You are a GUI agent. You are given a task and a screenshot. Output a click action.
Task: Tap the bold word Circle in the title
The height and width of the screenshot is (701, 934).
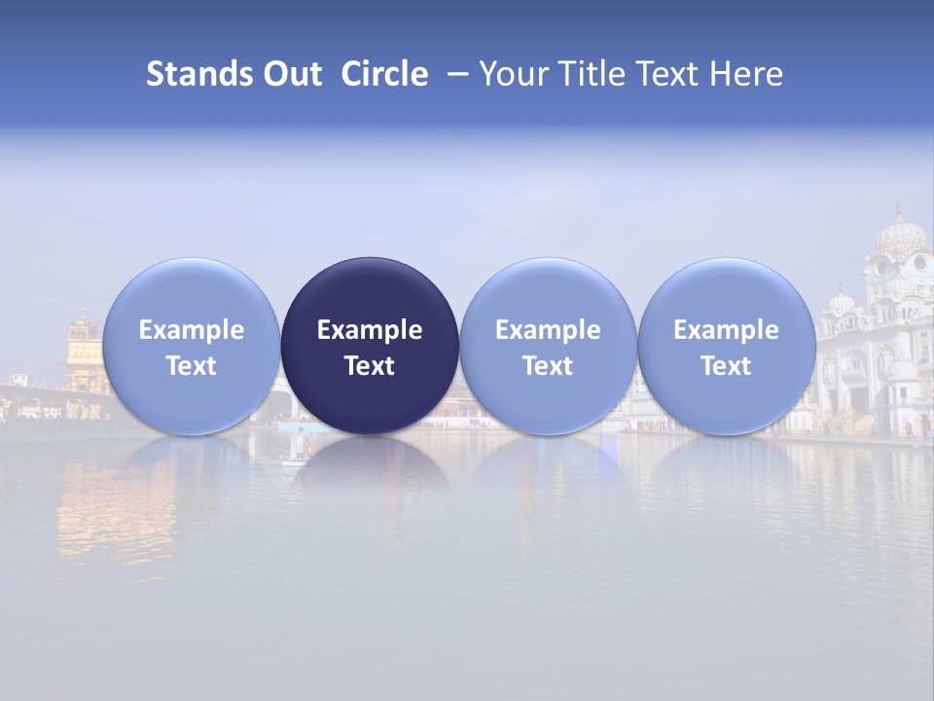(x=384, y=74)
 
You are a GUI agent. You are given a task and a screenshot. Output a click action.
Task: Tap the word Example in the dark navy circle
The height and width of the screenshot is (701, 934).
(x=370, y=330)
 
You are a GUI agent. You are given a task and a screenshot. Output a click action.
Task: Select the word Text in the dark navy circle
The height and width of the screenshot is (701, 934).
(x=370, y=366)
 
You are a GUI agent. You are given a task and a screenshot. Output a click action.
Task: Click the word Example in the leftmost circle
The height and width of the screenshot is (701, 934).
(x=192, y=330)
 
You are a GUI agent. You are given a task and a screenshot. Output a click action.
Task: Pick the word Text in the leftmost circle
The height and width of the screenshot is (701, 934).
(x=192, y=366)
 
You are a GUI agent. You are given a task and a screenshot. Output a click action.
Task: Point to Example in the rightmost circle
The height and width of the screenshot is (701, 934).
(x=727, y=330)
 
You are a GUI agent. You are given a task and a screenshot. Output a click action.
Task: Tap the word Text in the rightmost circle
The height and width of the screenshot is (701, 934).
(x=727, y=366)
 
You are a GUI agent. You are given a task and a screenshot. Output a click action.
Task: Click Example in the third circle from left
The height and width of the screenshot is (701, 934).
(x=548, y=330)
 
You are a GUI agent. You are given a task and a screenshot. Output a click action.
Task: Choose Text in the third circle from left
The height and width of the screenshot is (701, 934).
(x=548, y=366)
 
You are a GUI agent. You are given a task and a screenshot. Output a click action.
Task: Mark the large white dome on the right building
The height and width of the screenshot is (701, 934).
(x=901, y=237)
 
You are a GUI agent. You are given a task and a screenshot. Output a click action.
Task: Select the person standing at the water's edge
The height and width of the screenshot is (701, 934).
(x=301, y=443)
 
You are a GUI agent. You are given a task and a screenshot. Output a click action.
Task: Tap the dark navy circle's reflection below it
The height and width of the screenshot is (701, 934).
(x=370, y=467)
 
